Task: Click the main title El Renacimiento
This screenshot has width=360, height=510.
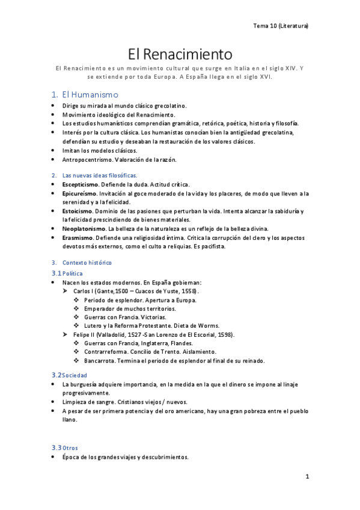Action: click(x=180, y=54)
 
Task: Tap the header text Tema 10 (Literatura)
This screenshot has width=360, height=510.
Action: click(x=281, y=26)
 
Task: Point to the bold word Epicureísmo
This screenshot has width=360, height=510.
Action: click(x=78, y=193)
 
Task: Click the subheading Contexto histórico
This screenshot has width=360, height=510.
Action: click(x=87, y=263)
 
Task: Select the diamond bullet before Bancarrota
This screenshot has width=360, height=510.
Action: click(x=76, y=360)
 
